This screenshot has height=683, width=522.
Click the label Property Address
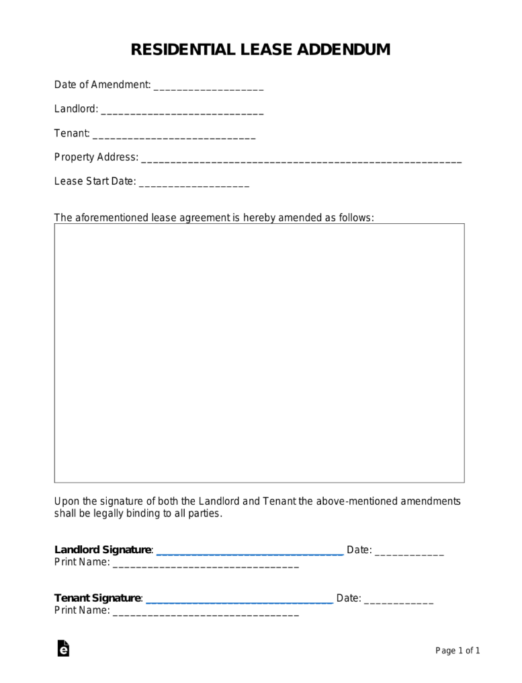[95, 157]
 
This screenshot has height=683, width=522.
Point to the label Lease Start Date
[94, 182]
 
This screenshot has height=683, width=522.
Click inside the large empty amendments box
[259, 353]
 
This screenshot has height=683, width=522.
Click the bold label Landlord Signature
[103, 550]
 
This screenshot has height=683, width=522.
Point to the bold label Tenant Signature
[97, 598]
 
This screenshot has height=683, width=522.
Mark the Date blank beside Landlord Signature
[409, 553]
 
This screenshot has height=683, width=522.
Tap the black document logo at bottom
[63, 648]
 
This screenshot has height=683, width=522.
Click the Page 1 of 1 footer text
[458, 651]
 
